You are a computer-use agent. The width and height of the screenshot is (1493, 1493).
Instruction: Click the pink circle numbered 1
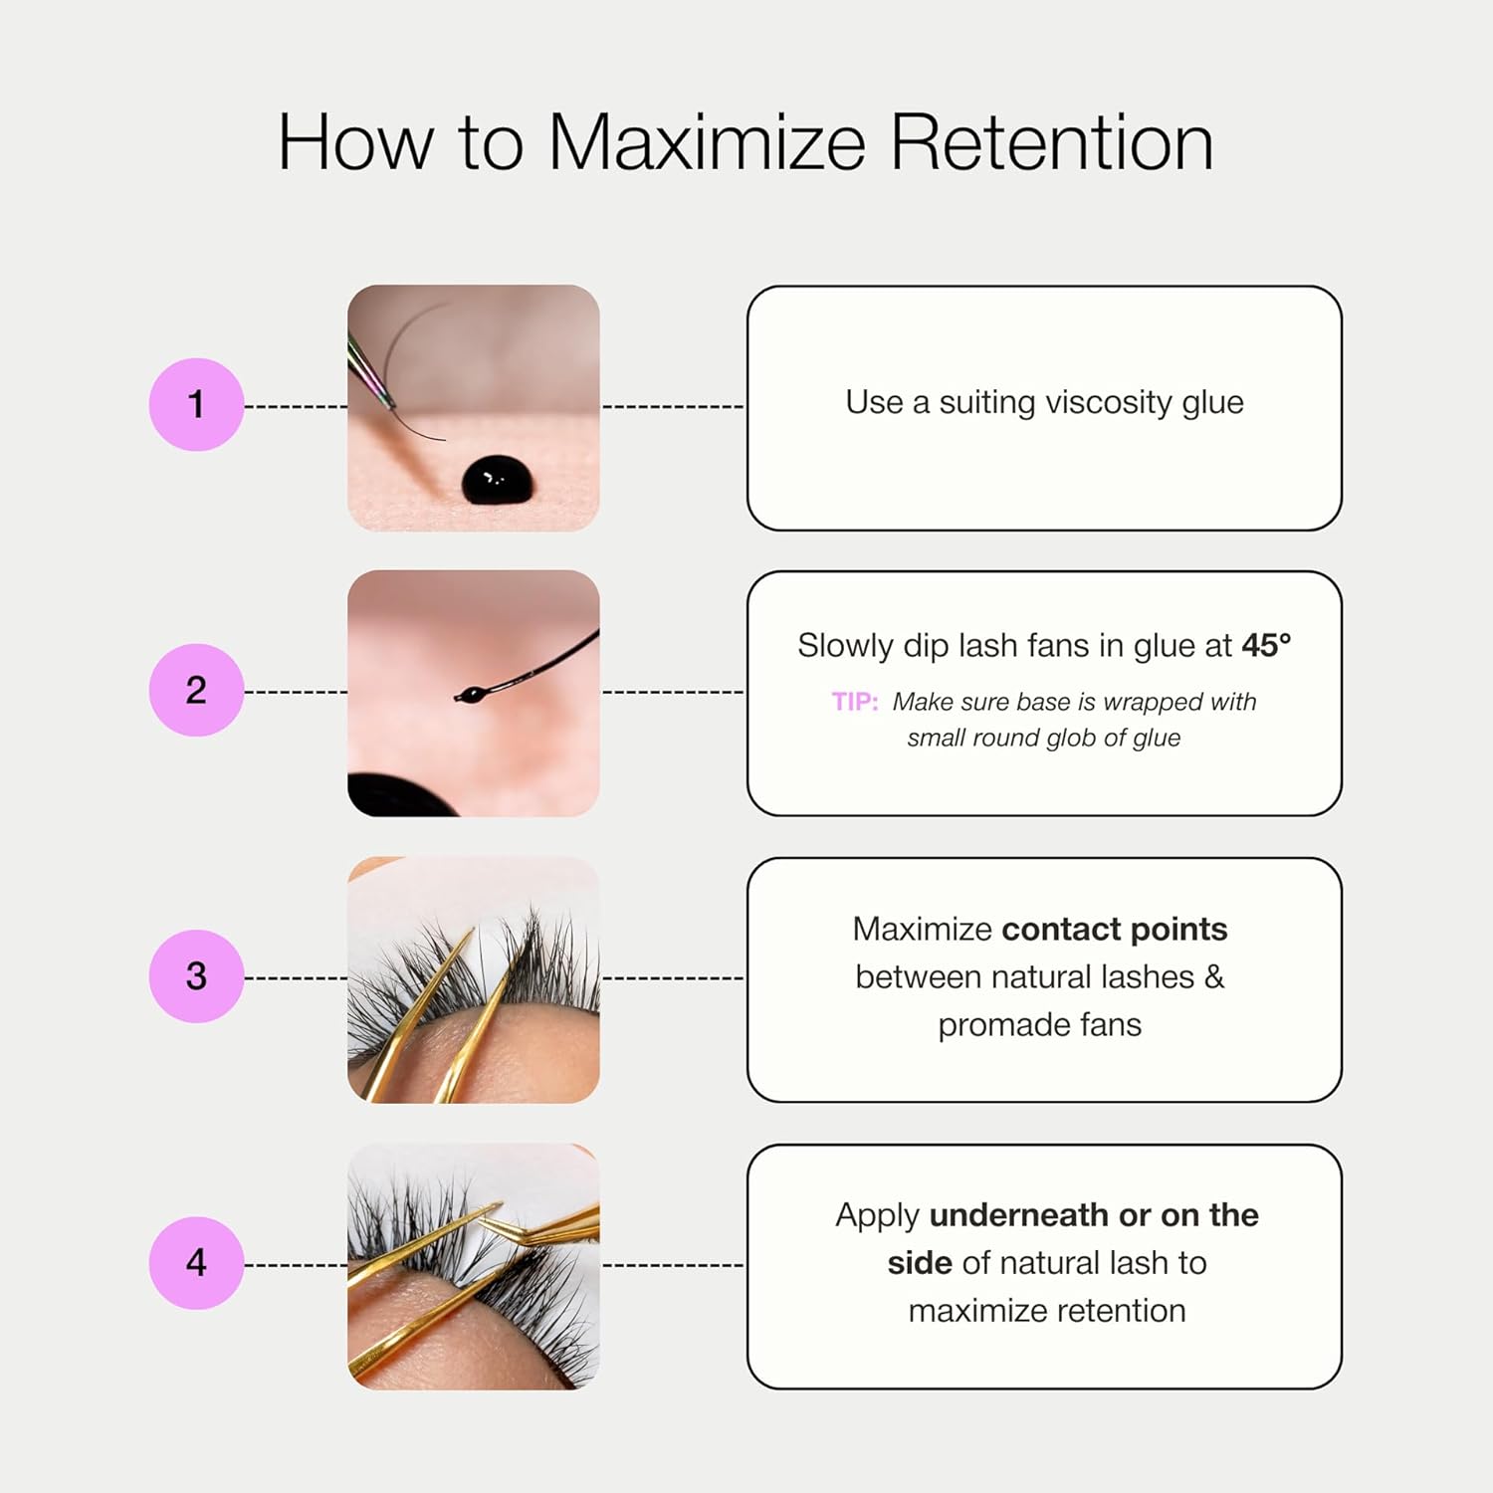pos(196,404)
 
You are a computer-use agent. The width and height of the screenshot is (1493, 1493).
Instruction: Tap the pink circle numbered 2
pos(196,690)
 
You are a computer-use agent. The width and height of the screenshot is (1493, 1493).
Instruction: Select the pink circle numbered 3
pos(196,975)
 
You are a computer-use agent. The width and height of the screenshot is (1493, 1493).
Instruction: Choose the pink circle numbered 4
pos(196,1262)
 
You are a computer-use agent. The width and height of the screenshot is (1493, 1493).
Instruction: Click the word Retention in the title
pos(1051,142)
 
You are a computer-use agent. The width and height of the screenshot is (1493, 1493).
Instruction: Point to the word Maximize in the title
pos(708,142)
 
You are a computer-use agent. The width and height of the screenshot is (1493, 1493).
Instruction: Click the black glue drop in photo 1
pos(498,479)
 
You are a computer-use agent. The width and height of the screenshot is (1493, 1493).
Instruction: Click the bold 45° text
pos(1266,645)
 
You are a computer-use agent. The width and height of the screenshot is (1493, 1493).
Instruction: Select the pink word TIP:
pos(855,702)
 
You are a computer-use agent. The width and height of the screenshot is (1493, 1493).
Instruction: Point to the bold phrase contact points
pos(1115,930)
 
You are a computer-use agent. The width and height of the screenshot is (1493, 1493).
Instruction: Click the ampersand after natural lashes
pos(1214,976)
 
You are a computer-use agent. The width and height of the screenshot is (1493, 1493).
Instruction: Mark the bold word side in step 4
pos(920,1262)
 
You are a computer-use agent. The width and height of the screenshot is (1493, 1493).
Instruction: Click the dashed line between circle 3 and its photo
pos(296,977)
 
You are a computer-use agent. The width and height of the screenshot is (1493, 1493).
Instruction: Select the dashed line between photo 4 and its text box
pos(673,1265)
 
